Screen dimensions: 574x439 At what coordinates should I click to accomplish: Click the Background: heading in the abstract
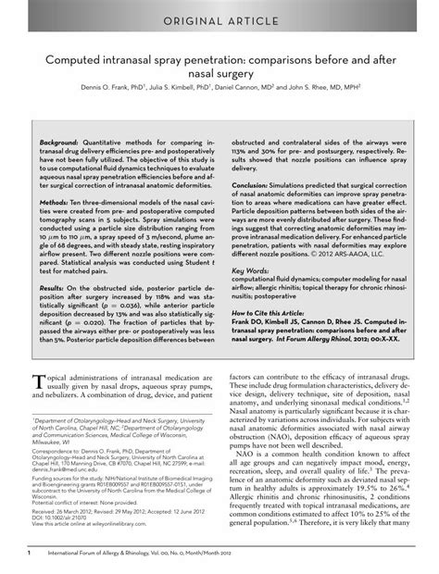pyautogui.click(x=60, y=145)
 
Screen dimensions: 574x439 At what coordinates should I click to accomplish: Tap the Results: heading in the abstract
pyautogui.click(x=56, y=288)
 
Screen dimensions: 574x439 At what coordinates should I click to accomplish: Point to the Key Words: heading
pyautogui.click(x=248, y=270)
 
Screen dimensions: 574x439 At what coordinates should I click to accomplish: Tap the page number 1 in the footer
pyautogui.click(x=31, y=554)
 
